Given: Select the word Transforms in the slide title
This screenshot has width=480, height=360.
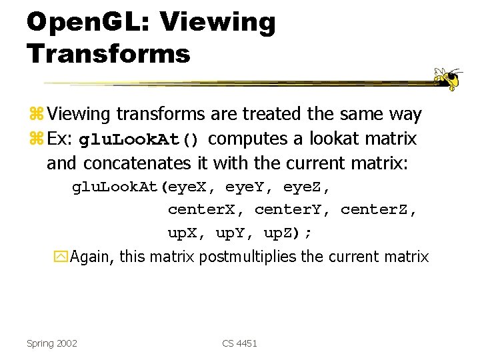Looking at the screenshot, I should [x=109, y=53].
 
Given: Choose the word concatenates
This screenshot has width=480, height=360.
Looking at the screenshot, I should [x=138, y=163].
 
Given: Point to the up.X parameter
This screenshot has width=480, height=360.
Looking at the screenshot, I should [x=189, y=233].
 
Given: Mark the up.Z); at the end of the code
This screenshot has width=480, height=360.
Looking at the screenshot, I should [x=287, y=233].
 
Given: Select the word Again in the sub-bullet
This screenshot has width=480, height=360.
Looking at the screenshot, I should [x=91, y=257].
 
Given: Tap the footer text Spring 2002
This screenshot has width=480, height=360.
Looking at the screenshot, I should [x=52, y=343].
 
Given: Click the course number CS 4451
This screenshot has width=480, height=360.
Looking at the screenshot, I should [x=239, y=343].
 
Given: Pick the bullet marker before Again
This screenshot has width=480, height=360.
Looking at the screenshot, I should [x=63, y=257].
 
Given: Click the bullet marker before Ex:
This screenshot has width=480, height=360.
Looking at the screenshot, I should [x=36, y=140].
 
